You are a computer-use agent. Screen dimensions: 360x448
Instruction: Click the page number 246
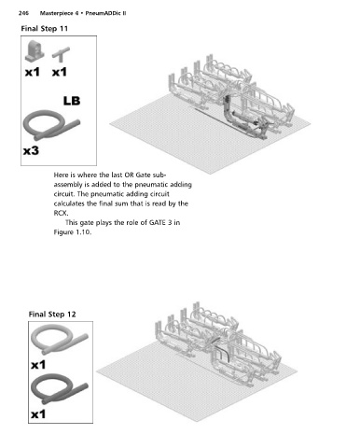pos(23,13)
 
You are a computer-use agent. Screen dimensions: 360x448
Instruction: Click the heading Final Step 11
pos(44,29)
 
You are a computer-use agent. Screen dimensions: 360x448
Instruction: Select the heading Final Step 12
pos(52,315)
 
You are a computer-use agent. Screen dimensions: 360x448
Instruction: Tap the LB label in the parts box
pos(72,101)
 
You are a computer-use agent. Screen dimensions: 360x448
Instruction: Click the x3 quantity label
pos(31,151)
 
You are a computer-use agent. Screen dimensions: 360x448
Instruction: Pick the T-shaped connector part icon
pos(61,54)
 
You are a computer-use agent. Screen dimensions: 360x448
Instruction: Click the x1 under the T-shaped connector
pos(60,73)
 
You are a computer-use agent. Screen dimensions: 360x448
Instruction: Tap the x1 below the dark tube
pos(38,414)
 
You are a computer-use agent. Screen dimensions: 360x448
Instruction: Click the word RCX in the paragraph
pos(61,213)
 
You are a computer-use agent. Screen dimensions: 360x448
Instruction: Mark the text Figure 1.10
pos(73,232)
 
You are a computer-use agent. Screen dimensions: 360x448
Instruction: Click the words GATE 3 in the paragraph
pos(160,222)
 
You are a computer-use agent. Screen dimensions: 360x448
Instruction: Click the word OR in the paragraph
pos(130,175)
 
